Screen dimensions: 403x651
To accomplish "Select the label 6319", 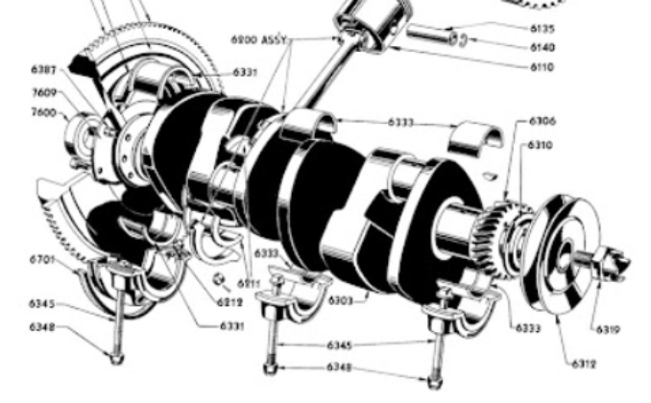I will click(x=607, y=329).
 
